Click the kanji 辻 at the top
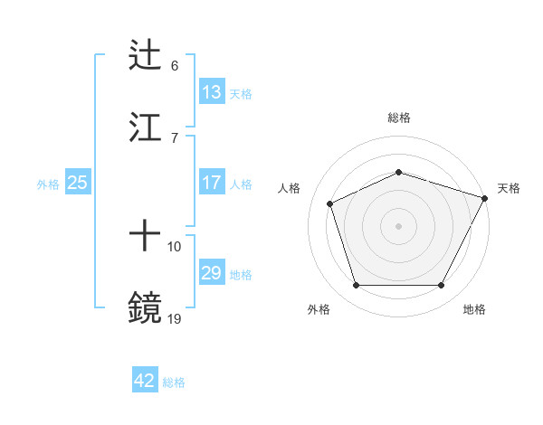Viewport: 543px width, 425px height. [145, 55]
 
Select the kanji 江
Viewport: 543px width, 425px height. [145, 127]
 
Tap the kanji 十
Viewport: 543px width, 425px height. [145, 237]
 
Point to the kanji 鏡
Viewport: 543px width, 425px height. [145, 308]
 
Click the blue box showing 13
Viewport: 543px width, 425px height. [212, 92]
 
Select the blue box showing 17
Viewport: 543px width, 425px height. [212, 183]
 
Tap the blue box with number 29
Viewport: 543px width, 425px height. [212, 273]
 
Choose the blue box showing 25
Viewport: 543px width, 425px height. [78, 183]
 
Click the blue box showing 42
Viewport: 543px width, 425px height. [145, 381]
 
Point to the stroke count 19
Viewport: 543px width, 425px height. [175, 318]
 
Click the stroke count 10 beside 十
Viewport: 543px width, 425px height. [175, 246]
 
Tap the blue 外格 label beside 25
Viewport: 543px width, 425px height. [48, 184]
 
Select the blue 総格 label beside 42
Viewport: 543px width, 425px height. [174, 382]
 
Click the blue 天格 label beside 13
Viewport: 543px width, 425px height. [240, 93]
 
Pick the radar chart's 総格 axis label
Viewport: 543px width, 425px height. [399, 118]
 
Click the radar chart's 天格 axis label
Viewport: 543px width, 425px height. [509, 188]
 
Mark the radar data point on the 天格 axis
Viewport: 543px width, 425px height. [485, 197]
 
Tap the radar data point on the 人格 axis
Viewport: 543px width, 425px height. [330, 203]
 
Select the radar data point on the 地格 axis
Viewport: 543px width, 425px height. [441, 285]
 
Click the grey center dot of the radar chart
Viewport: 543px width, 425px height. [398, 225]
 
